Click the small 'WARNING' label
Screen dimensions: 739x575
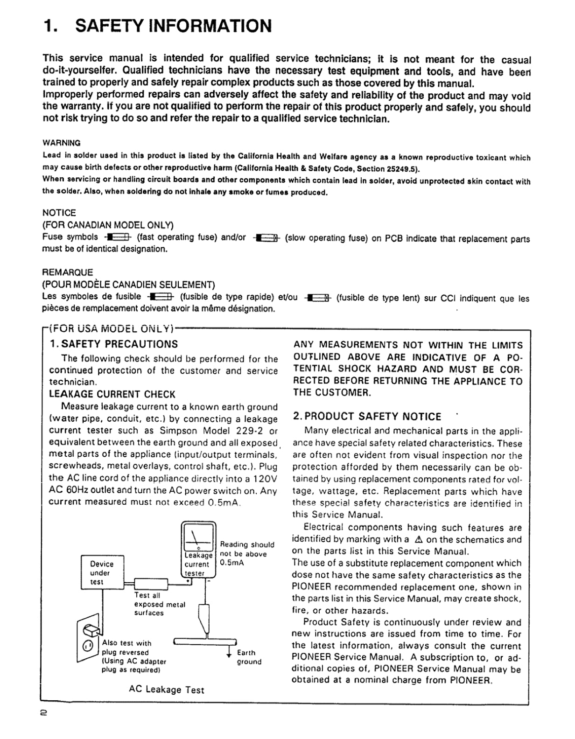[x=62, y=143]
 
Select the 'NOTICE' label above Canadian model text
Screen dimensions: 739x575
[x=59, y=213]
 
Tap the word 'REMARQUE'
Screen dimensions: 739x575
[x=67, y=272]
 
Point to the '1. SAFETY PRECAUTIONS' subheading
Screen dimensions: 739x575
[x=113, y=344]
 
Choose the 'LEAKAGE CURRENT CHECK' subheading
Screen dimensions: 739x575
[x=112, y=394]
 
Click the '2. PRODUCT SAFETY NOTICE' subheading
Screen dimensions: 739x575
[x=366, y=417]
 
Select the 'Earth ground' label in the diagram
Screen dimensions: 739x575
[x=249, y=657]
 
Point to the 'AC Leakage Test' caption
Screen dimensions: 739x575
[x=166, y=690]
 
